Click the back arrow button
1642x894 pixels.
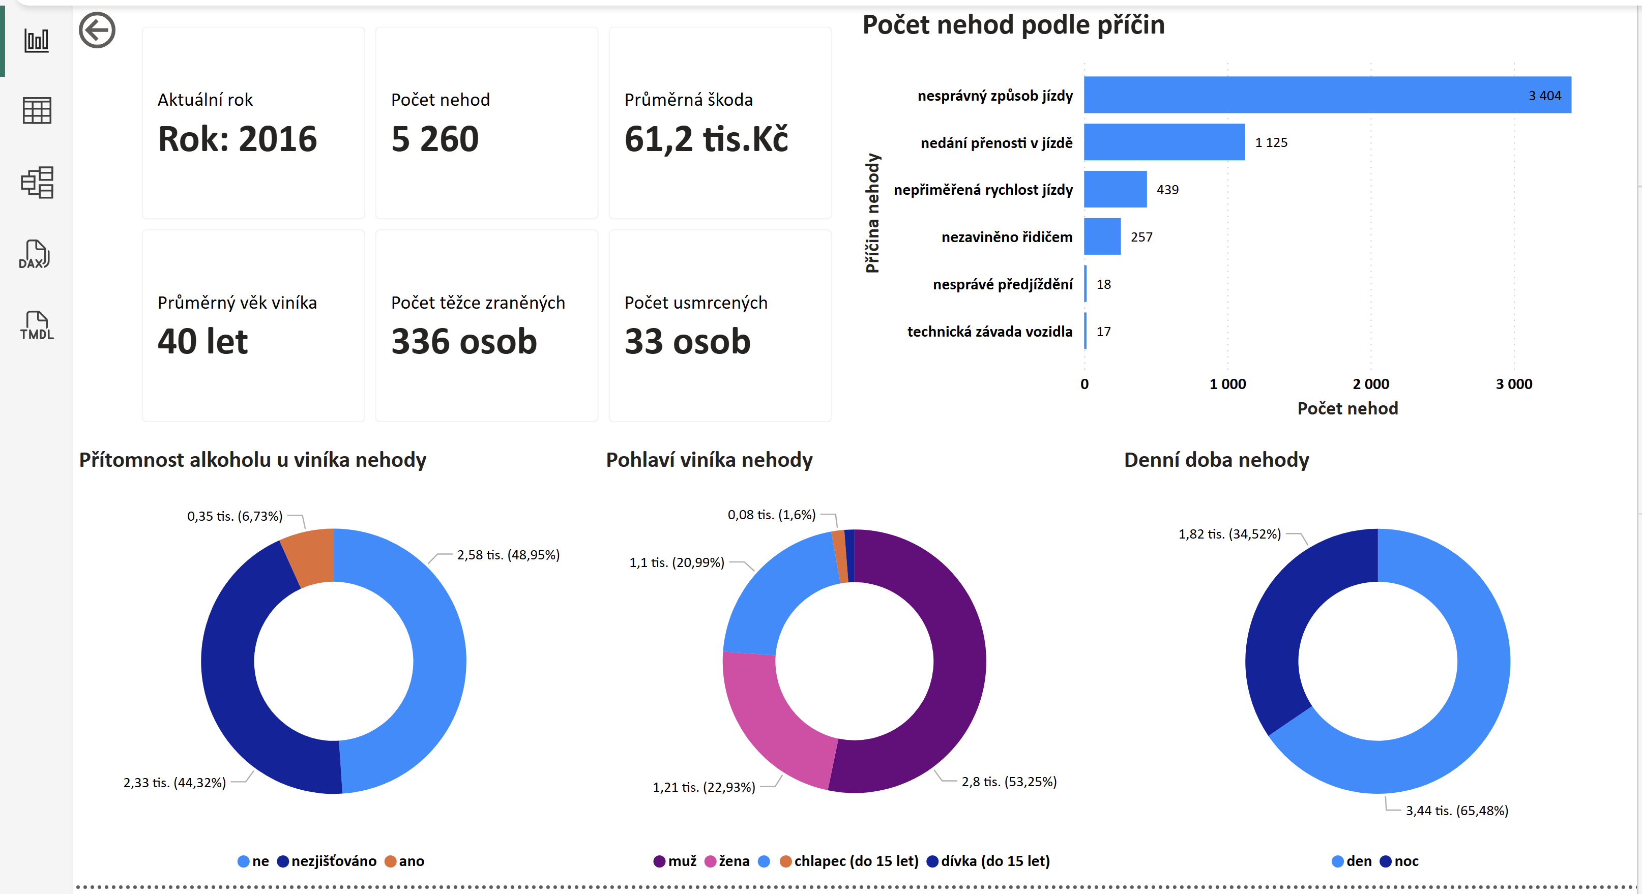click(97, 30)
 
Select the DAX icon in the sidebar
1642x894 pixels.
click(36, 254)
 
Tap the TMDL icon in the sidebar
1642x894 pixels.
click(36, 325)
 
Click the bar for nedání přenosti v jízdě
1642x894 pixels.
click(1164, 142)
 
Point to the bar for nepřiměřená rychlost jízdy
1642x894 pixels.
click(1116, 189)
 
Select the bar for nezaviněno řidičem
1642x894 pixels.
click(1102, 236)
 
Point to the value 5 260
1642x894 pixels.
click(435, 139)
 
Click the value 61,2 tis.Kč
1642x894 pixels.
click(706, 139)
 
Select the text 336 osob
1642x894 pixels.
click(464, 342)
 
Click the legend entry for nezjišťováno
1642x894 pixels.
click(327, 861)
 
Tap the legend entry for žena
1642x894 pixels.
click(727, 861)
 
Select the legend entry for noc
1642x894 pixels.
click(1399, 861)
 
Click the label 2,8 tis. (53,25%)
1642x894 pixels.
click(1009, 781)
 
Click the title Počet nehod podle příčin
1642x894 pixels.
click(1013, 25)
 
